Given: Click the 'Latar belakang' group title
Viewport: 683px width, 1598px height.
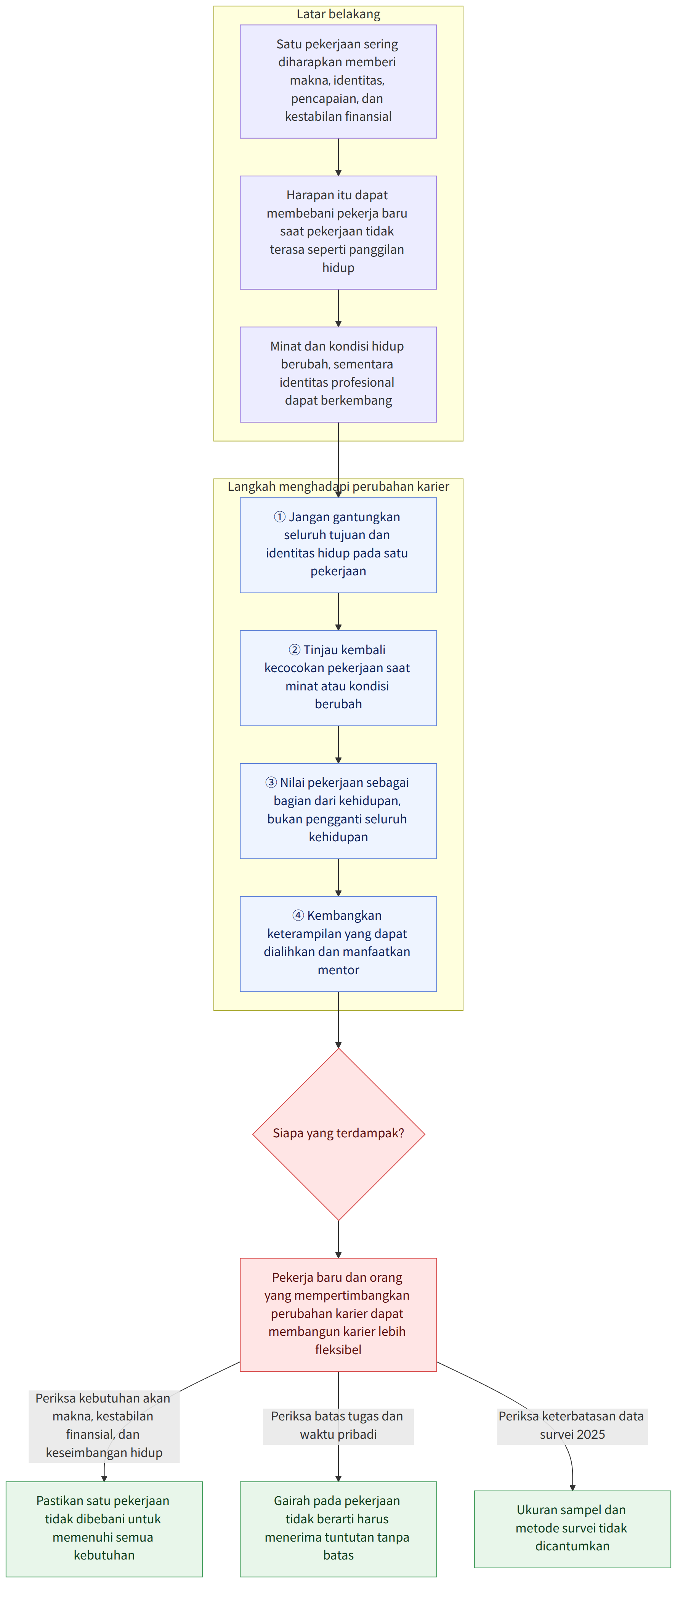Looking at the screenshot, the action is tap(338, 14).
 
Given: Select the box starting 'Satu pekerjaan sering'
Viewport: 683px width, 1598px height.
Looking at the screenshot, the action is tap(338, 81).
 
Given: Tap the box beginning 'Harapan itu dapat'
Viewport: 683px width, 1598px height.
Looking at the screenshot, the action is tap(338, 233).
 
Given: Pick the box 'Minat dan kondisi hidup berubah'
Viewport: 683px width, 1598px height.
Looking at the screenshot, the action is tap(338, 375).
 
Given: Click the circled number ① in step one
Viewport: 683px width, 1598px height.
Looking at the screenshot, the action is tap(280, 517).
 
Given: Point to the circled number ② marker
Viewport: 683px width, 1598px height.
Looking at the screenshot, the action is tap(295, 650).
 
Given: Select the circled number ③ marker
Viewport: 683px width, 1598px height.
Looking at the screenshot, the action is tap(271, 782).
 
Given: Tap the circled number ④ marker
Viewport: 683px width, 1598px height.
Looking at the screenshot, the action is tap(298, 915).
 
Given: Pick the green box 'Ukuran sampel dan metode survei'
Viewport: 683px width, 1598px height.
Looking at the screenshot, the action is tap(572, 1528).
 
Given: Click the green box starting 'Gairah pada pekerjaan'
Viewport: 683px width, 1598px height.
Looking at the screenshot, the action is tap(338, 1528).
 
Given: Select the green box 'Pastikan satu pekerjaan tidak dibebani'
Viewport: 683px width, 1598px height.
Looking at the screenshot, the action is tap(104, 1528).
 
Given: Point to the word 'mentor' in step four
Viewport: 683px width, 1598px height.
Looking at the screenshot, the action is tap(338, 970).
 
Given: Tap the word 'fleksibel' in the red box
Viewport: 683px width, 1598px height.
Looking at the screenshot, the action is tap(338, 1349).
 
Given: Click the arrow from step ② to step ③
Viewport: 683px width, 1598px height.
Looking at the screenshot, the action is tap(338, 745).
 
